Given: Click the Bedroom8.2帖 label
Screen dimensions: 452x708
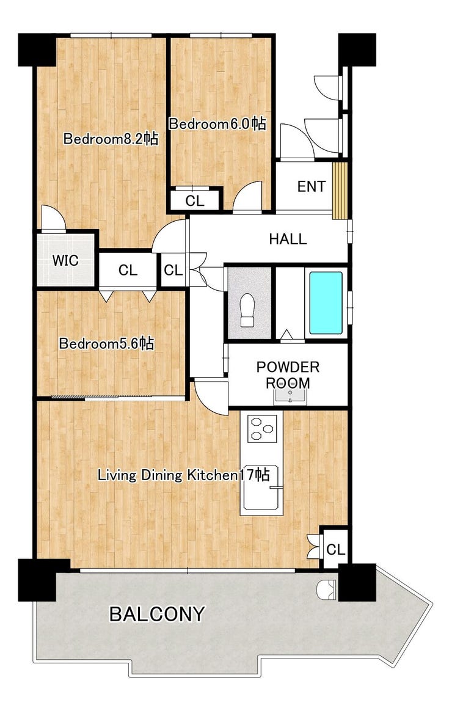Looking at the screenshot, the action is click(111, 138).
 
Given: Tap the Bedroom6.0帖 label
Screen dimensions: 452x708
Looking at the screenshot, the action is click(217, 124).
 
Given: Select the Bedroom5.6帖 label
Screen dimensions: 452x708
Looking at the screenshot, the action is click(106, 343).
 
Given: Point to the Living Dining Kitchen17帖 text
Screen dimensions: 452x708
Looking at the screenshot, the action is click(184, 475).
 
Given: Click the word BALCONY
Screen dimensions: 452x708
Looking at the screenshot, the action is click(157, 614).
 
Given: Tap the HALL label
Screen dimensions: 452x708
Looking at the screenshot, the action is click(288, 239).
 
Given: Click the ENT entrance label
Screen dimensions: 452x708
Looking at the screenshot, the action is click(311, 186).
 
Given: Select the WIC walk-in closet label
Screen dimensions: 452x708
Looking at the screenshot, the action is click(65, 260).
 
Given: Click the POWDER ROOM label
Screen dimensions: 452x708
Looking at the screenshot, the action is click(288, 375).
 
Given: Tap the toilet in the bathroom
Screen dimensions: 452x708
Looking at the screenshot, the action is click(247, 310).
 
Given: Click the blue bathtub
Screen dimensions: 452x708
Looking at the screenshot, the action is click(325, 303).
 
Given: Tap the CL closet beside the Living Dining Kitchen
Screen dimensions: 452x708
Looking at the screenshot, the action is click(335, 550).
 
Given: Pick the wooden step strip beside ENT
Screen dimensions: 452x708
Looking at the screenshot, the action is click(340, 191).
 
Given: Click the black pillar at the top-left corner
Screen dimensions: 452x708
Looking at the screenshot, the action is click(37, 49).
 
